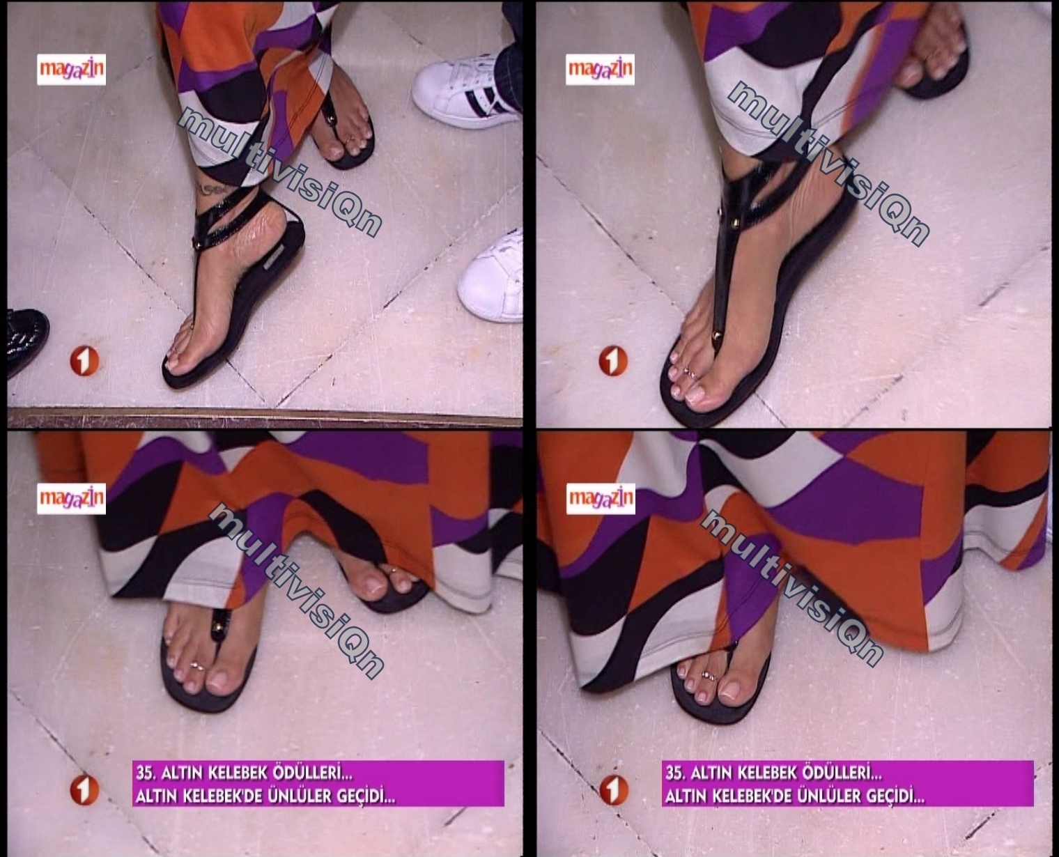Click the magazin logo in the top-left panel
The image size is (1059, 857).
[x=71, y=69]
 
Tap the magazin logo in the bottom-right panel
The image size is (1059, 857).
[x=601, y=499]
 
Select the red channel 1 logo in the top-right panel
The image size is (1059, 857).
[x=613, y=362]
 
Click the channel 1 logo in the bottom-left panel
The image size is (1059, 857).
[x=84, y=790]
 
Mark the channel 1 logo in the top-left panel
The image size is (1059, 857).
[x=84, y=362]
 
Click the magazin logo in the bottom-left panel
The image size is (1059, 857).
[x=71, y=499]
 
